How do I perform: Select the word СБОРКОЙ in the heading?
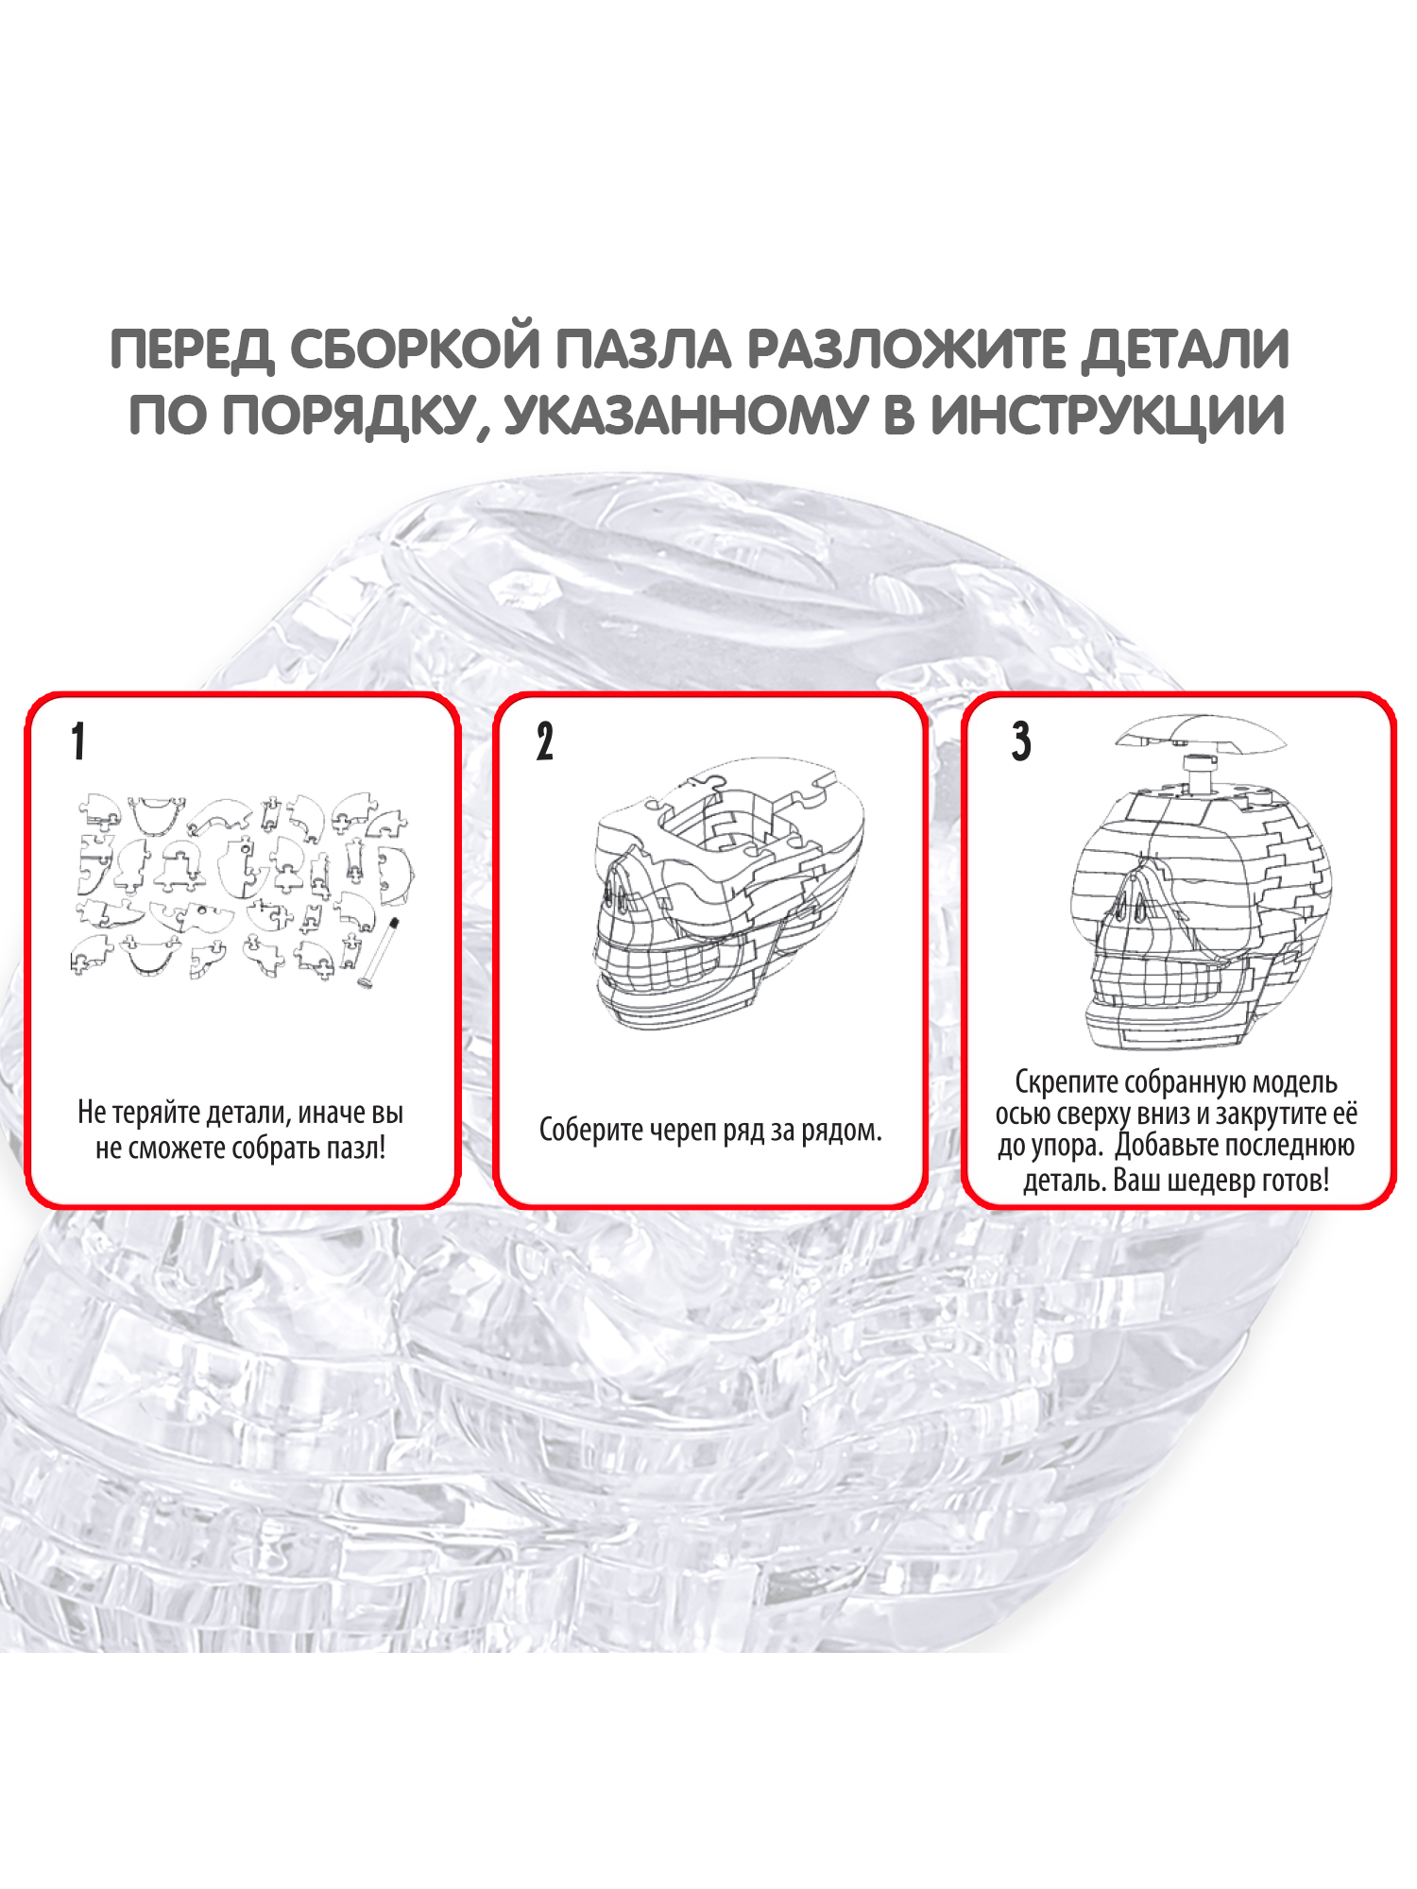click(414, 349)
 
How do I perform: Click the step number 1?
click(78, 741)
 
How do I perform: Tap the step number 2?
click(545, 741)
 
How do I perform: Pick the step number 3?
click(1021, 741)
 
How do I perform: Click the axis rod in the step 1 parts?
click(379, 952)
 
